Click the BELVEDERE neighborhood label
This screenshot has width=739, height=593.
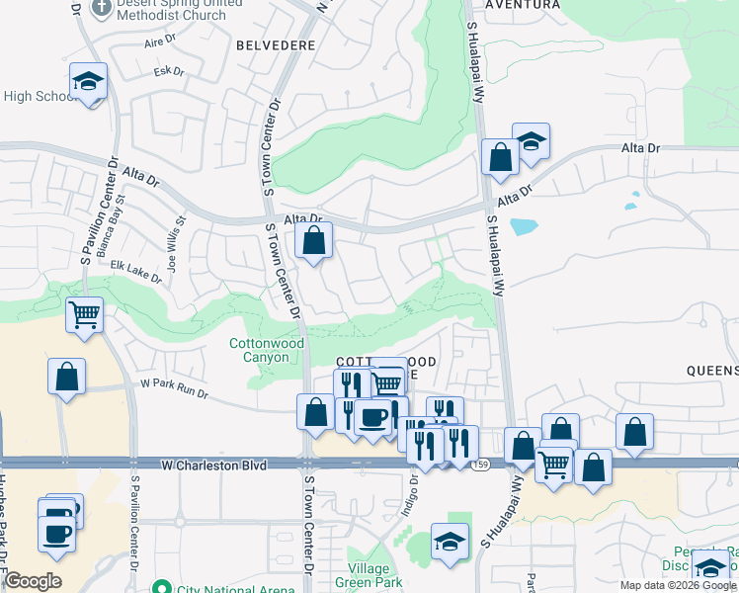coord(277,45)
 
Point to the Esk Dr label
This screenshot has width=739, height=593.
coord(169,71)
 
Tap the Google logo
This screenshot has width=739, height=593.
coord(33,581)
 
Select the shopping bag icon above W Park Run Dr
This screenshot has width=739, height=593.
coord(66,377)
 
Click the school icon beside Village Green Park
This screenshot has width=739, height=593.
coord(450,542)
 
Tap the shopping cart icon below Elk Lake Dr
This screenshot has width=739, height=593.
coord(84,315)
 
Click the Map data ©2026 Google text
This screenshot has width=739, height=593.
coord(676,585)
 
